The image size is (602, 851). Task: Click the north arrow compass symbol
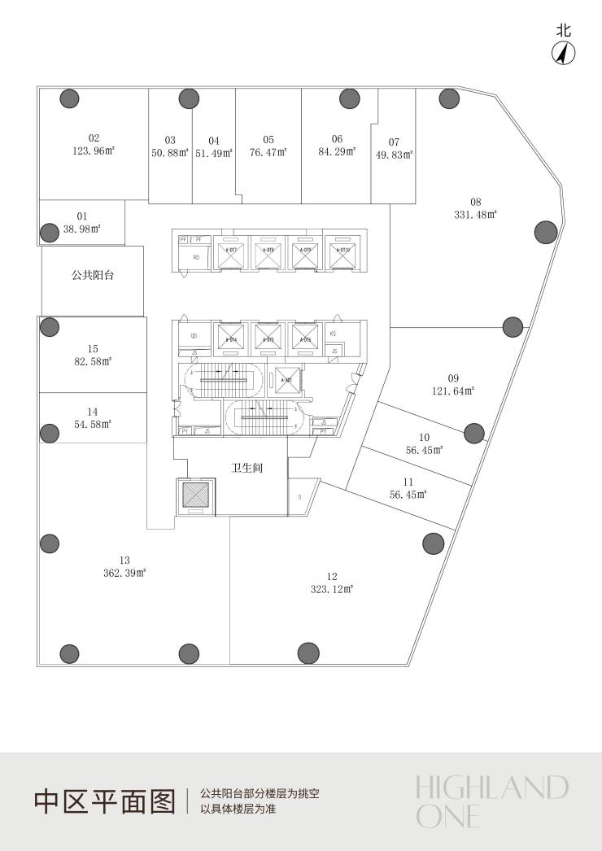(564, 53)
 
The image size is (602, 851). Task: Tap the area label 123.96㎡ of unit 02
(94, 151)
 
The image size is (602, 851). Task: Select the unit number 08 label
(476, 202)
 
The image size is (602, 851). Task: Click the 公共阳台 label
(93, 276)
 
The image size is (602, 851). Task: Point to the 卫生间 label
(246, 469)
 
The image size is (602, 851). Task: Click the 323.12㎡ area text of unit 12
(331, 588)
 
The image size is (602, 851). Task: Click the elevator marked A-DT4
(231, 337)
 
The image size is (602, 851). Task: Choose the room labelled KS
(334, 334)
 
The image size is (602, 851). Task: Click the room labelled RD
(195, 258)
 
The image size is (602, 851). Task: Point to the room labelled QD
(194, 335)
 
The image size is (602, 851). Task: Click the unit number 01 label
(82, 216)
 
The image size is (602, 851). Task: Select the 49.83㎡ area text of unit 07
(394, 154)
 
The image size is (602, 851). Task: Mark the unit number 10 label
(424, 437)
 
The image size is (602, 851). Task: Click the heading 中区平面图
(104, 801)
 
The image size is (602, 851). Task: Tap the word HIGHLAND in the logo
(491, 788)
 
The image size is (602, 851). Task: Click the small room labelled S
(299, 496)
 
